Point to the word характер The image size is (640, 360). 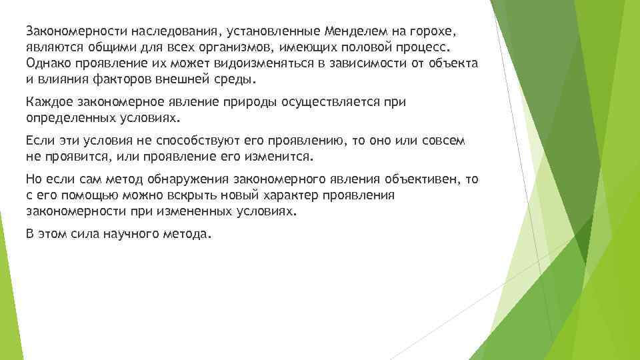point(290,196)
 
